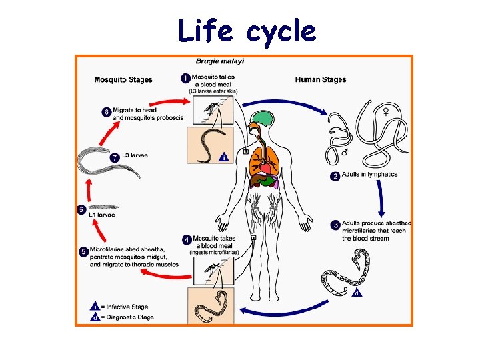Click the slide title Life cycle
pyautogui.click(x=247, y=31)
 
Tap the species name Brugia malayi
pyautogui.click(x=220, y=61)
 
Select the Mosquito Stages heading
pyautogui.click(x=123, y=80)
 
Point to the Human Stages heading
pyautogui.click(x=321, y=80)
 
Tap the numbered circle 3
pyautogui.click(x=335, y=225)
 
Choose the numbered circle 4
pyautogui.click(x=186, y=239)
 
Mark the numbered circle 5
pyautogui.click(x=83, y=252)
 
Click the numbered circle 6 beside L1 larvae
pyautogui.click(x=81, y=209)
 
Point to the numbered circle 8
pyautogui.click(x=106, y=112)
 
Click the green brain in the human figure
pyautogui.click(x=264, y=120)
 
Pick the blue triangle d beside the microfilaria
pyautogui.click(x=358, y=292)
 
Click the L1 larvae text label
pyautogui.click(x=102, y=215)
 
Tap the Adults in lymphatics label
pyautogui.click(x=369, y=175)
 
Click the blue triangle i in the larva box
pyautogui.click(x=224, y=157)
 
